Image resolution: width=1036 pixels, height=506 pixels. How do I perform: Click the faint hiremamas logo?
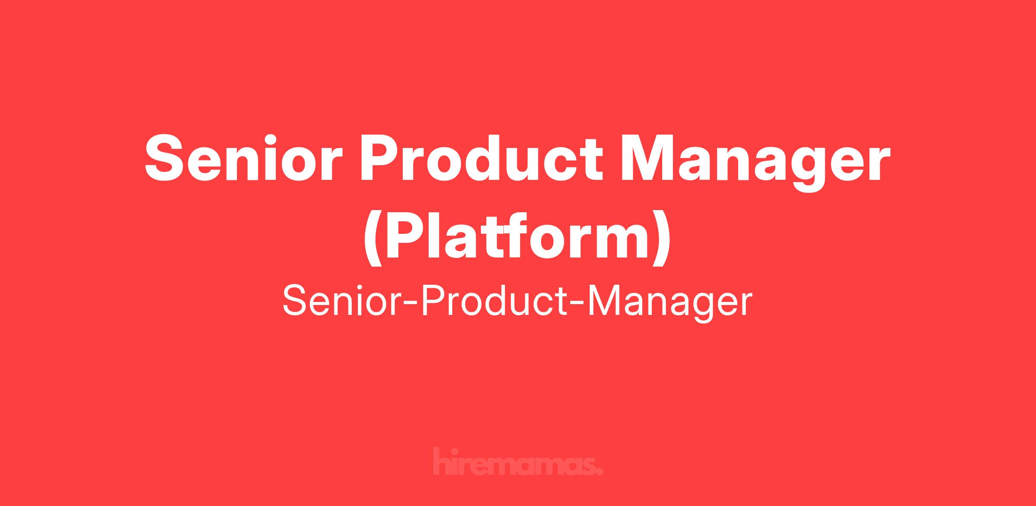(518, 462)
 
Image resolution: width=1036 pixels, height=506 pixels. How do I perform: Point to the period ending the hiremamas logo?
(599, 471)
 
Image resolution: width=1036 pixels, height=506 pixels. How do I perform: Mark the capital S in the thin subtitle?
(297, 302)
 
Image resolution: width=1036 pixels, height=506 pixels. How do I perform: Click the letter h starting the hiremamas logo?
(441, 462)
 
